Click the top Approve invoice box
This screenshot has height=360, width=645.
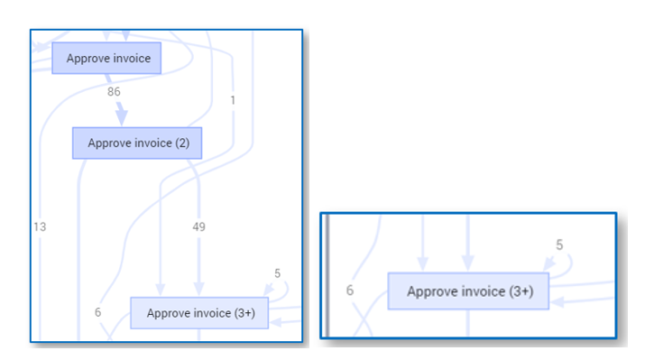point(106,58)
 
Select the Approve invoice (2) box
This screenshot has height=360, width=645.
point(137,143)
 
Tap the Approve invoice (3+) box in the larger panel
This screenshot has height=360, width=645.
point(199,313)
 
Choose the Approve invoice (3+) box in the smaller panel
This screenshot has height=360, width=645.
point(469,291)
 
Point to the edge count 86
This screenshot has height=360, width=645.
point(114,92)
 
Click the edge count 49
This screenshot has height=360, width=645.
point(199,227)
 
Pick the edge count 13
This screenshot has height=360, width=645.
point(41,227)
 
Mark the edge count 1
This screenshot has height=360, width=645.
point(233,100)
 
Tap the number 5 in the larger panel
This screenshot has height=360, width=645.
point(277,273)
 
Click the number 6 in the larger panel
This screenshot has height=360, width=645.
point(98,311)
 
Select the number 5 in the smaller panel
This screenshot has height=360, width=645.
point(559,245)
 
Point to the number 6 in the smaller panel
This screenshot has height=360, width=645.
point(351,291)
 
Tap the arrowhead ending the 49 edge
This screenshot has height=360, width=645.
point(199,290)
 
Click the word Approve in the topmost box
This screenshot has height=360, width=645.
point(86,58)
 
